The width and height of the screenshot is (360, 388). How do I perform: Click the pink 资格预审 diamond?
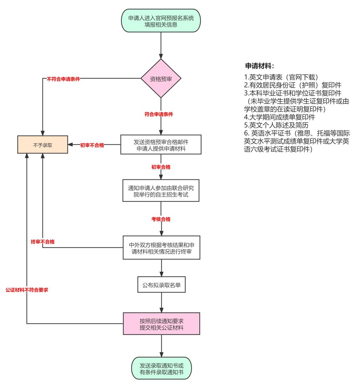(x=161, y=79)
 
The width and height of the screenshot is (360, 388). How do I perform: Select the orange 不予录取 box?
(x=43, y=145)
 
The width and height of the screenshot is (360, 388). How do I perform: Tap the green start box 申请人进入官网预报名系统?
(x=161, y=22)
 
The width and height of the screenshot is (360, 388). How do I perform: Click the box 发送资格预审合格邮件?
(x=161, y=145)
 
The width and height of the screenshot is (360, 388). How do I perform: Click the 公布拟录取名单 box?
(x=161, y=285)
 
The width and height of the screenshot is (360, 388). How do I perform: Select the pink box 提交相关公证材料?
(x=161, y=324)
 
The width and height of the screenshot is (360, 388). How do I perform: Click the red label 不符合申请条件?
(x=63, y=79)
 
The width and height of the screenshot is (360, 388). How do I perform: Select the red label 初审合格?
(x=161, y=167)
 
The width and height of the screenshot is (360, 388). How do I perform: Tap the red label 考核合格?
(x=161, y=219)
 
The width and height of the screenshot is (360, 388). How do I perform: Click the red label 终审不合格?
(x=43, y=242)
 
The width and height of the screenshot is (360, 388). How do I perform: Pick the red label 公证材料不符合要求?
(x=27, y=290)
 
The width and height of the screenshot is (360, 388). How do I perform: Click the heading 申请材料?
(x=259, y=66)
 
